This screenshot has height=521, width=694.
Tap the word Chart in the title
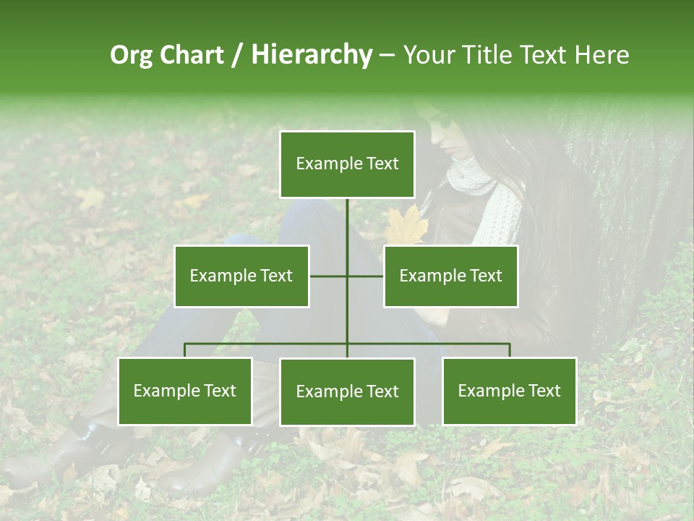pos(192,55)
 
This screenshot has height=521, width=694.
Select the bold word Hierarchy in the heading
pos(312,55)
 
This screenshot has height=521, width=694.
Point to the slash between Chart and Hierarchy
pos(236,55)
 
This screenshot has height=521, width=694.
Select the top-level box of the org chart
pos(347,164)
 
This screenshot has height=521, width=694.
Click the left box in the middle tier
pos(241,276)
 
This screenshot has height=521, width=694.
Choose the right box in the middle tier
pos(450,276)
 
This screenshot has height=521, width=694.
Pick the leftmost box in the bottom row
pos(184,391)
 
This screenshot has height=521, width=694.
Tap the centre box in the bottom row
pos(347,391)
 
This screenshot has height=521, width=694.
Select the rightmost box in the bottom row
pos(509,391)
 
